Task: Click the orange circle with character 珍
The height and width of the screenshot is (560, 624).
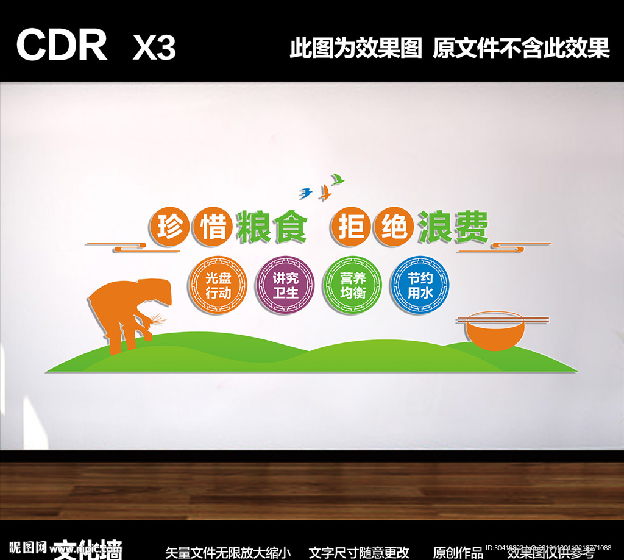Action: point(166,227)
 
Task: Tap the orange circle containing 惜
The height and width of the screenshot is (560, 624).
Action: point(210,227)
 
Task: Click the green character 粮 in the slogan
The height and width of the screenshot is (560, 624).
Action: point(254,227)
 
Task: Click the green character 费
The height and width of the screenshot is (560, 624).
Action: point(471,227)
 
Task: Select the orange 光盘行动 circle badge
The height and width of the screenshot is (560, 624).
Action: point(218,285)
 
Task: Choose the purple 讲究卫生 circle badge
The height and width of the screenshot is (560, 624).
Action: point(285,285)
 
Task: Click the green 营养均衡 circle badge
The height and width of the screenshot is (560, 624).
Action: point(352,285)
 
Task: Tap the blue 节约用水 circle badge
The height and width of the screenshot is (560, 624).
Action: point(419,285)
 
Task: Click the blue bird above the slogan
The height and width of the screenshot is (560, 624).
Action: point(306,193)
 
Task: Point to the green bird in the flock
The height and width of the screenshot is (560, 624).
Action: point(337,179)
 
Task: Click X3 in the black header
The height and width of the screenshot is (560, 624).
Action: point(154,47)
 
